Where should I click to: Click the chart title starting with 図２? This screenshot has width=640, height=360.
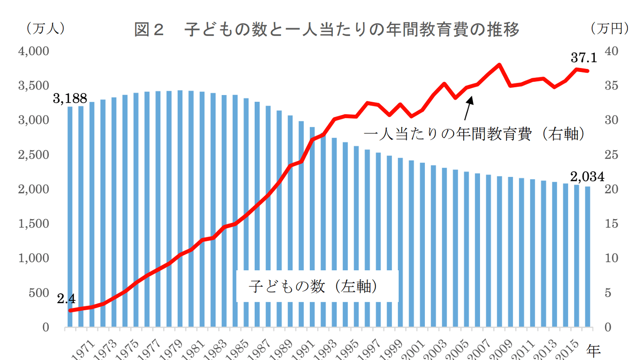(x=327, y=30)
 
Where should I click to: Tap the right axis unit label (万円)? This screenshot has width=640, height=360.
(x=609, y=28)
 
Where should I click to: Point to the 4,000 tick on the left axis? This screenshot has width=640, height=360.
(x=33, y=51)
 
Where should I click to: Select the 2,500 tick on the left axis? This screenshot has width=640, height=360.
(x=33, y=155)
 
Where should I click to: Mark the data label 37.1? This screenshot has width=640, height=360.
(x=584, y=57)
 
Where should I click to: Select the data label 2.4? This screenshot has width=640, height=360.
(x=66, y=299)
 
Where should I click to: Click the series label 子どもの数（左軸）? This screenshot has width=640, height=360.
(x=313, y=286)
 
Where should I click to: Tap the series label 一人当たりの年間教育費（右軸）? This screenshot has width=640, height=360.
(x=473, y=134)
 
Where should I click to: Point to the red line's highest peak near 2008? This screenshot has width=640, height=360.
(x=499, y=65)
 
